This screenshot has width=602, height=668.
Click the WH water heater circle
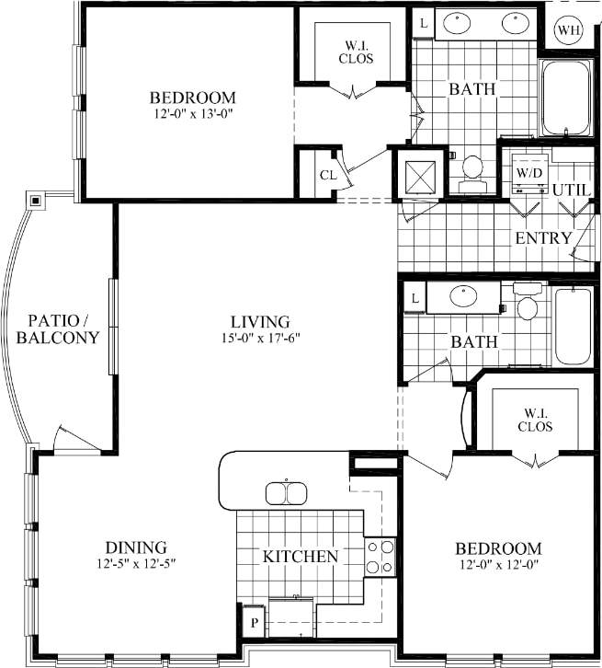click(570, 30)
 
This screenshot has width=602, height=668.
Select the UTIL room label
click(571, 189)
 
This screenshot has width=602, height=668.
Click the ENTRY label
click(543, 238)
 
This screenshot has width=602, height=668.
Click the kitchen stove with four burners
click(380, 556)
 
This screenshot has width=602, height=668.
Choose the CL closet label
click(328, 175)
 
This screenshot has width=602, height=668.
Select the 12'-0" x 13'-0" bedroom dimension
click(193, 115)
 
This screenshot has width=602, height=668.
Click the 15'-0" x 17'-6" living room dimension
click(260, 338)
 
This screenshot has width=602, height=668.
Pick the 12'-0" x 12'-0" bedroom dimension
click(497, 564)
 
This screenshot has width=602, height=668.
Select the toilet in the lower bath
click(527, 305)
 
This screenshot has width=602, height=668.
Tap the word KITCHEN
click(300, 557)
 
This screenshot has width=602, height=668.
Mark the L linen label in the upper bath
click(423, 23)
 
